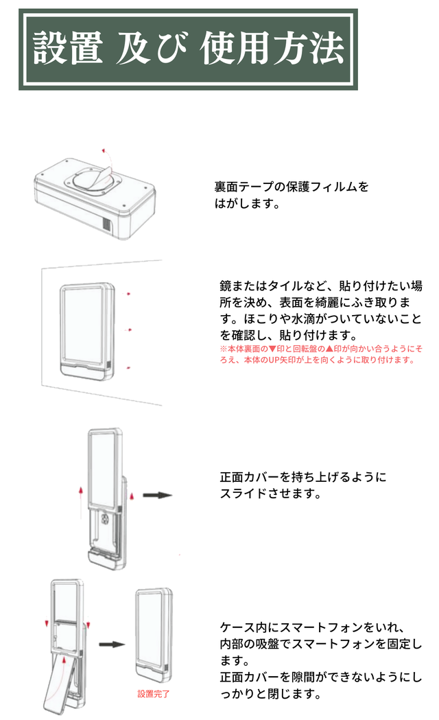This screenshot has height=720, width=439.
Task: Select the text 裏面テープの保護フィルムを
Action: [x=291, y=187]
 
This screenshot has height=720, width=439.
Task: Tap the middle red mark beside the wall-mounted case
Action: [x=130, y=330]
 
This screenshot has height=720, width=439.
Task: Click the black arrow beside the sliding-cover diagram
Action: [x=158, y=494]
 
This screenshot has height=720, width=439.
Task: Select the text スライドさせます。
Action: [x=270, y=493]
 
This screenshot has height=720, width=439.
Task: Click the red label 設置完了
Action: [x=154, y=694]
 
